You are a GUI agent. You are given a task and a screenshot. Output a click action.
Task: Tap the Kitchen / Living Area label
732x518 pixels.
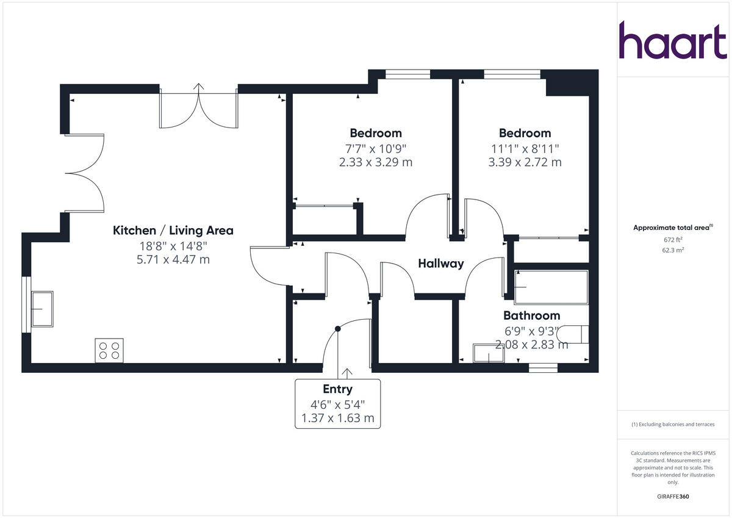point(173,231)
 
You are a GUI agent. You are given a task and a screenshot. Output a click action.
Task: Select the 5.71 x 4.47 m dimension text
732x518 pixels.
point(173,260)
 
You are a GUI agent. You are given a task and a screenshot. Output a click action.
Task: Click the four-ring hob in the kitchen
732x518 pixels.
point(109,350)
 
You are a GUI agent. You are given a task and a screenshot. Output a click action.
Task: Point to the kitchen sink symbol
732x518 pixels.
point(41,309)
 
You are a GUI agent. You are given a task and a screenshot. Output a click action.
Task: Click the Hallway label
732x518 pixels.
point(440,264)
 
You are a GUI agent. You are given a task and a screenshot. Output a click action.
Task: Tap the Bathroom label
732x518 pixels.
point(531,315)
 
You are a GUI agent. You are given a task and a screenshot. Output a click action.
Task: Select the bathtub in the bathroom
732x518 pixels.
point(551,287)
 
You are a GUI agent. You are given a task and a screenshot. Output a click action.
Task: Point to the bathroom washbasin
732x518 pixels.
point(489,353)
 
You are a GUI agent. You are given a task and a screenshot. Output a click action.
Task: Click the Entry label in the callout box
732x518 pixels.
point(337,389)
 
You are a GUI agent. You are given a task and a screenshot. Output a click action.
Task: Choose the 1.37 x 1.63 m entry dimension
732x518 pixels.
point(337,419)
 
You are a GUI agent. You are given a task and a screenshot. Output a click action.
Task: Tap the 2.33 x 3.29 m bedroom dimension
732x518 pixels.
point(376,162)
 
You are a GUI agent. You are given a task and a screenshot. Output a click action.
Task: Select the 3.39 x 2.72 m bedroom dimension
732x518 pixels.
point(525,162)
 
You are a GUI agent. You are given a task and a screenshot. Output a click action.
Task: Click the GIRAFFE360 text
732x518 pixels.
point(673,497)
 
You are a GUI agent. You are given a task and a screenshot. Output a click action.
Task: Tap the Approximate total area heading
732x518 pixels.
point(672,228)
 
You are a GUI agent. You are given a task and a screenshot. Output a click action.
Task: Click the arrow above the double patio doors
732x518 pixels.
point(199,87)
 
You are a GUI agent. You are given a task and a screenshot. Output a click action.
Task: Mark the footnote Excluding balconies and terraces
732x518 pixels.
point(673,425)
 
